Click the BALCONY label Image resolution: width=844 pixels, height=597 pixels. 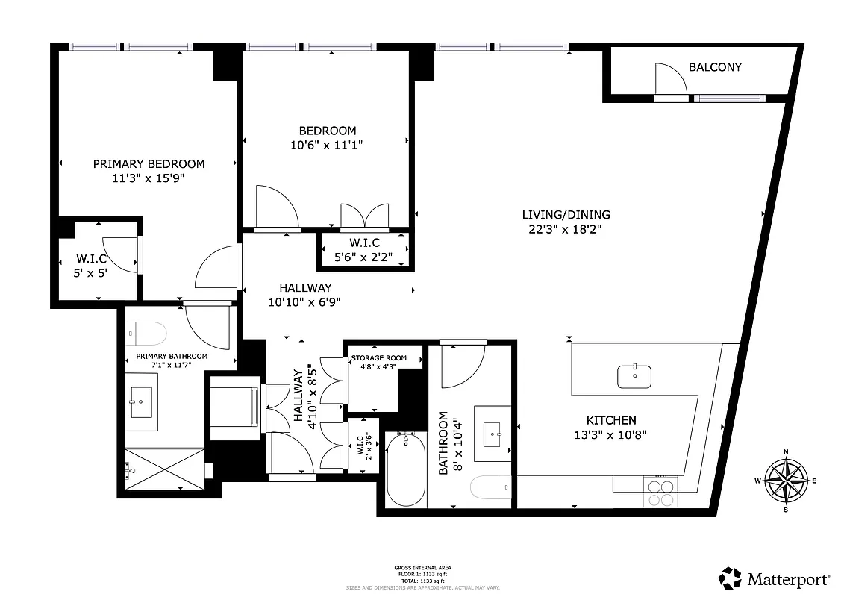pos(714,67)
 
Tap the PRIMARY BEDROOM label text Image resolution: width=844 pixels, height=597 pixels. pos(149,164)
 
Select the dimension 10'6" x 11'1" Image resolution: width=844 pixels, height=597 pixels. pos(323,146)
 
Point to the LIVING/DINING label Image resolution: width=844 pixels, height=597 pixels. pos(565,215)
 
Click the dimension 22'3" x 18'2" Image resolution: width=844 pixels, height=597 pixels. pos(565,230)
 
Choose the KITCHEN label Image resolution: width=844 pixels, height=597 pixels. pos(610,421)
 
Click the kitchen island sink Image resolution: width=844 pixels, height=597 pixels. pos(634,376)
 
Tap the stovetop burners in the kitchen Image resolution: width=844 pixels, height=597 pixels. pos(660,493)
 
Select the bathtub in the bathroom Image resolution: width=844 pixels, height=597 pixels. pos(406,468)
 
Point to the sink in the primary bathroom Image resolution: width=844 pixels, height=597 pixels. pos(141,403)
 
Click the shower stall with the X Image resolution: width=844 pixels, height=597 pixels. pos(163,469)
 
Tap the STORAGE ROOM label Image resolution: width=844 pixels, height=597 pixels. pos(379,358)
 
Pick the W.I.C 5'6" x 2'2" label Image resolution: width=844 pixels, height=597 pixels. pos(365,250)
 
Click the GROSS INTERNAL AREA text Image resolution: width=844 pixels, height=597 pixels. pos(422,568)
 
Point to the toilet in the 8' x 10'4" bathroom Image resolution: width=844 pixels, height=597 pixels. pos(490,488)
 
